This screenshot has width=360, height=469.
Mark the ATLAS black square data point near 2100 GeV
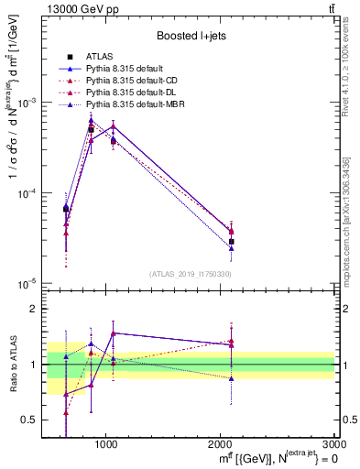pyautogui.click(x=231, y=242)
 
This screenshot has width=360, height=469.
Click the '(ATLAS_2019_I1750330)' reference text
pyautogui.click(x=191, y=274)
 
